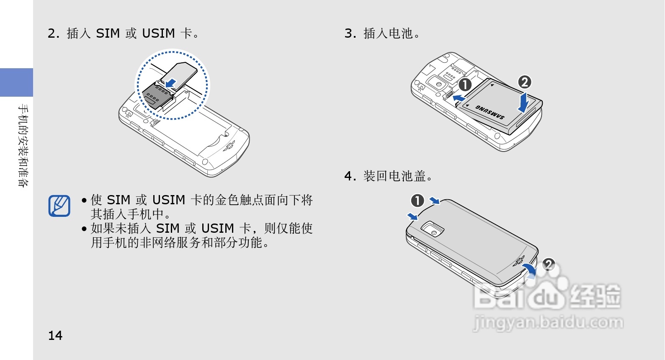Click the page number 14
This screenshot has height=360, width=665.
click(x=55, y=336)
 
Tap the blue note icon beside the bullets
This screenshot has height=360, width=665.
click(x=59, y=206)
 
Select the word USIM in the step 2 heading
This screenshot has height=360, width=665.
click(x=158, y=33)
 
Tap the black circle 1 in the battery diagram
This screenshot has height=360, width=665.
click(x=465, y=85)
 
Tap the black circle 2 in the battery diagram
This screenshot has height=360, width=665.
click(x=525, y=82)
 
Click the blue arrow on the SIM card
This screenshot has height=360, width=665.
click(x=171, y=81)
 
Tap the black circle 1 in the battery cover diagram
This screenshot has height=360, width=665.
click(x=418, y=201)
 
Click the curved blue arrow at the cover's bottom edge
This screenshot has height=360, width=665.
click(x=530, y=270)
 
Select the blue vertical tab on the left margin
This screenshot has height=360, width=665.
click(x=16, y=82)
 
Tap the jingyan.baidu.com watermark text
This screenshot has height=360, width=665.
click(x=548, y=323)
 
